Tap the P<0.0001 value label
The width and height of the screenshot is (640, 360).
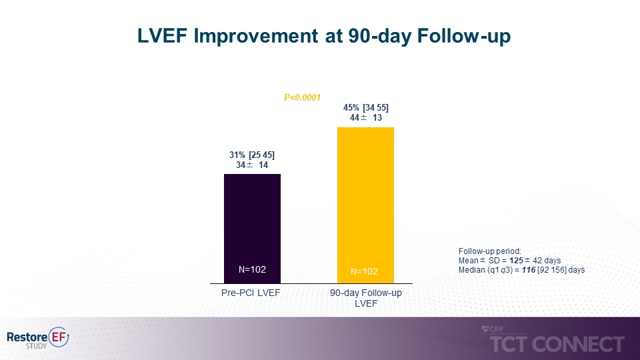tap(302, 98)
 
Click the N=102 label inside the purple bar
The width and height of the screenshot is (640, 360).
tap(252, 269)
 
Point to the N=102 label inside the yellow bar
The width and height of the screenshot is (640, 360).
tap(365, 271)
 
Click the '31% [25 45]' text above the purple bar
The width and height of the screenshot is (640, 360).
tap(252, 155)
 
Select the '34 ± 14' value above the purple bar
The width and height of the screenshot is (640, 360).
tap(252, 165)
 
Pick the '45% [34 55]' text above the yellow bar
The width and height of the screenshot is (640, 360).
tap(365, 107)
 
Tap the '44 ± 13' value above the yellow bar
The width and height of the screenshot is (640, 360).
tap(365, 118)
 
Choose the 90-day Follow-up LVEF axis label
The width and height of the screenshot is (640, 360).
tap(366, 298)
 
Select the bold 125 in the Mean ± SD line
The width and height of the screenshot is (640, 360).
tap(517, 260)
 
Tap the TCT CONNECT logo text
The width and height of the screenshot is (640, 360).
tap(557, 344)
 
